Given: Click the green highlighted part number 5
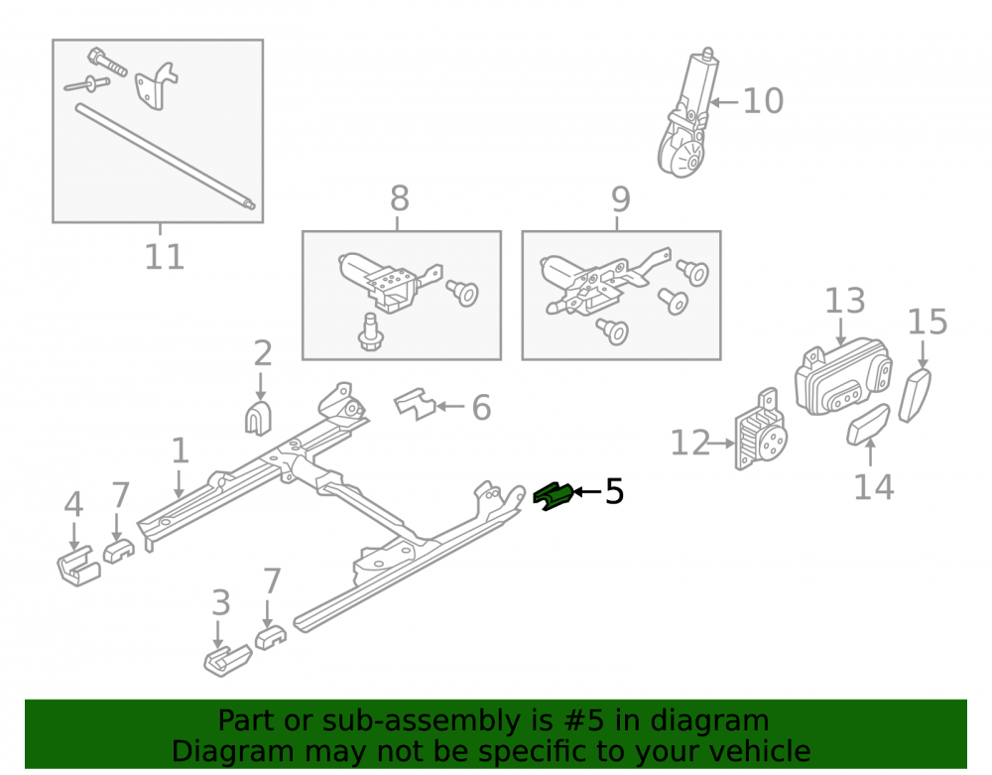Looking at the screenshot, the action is (x=553, y=496).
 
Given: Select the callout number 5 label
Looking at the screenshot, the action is (x=614, y=491).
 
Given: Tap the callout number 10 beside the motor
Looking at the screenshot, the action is (x=763, y=101).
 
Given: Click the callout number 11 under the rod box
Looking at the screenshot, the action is (x=165, y=257).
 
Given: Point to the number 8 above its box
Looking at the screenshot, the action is (x=399, y=198).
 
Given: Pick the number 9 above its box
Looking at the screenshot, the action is (x=621, y=199).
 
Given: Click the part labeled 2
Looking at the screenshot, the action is (x=258, y=418).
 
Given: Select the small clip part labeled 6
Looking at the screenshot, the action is (x=415, y=404).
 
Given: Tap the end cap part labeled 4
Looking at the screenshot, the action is (x=78, y=566).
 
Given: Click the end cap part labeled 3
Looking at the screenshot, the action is (x=227, y=661).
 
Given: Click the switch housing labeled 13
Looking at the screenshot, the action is (x=842, y=377).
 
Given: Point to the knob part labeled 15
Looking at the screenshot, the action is (x=915, y=395).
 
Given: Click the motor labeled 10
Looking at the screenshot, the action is (x=687, y=114).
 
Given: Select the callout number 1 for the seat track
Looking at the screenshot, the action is (x=181, y=451).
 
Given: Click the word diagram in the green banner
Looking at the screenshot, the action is (x=710, y=720).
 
